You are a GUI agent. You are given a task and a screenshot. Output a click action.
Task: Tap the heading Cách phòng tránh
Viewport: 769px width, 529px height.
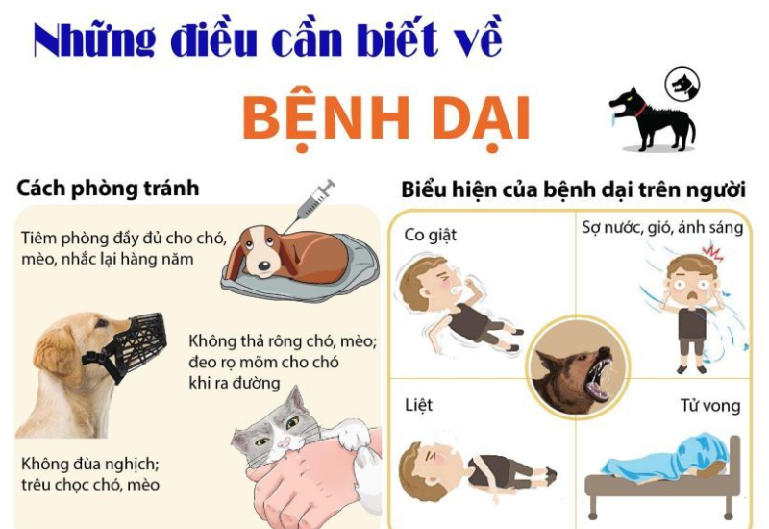coord(108,189)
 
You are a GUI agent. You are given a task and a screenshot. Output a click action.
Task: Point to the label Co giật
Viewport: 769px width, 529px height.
coord(430,236)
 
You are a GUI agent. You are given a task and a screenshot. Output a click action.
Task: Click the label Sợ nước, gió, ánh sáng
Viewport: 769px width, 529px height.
coord(662,228)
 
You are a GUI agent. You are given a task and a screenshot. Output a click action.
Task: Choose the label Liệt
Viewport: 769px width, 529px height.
coord(418,405)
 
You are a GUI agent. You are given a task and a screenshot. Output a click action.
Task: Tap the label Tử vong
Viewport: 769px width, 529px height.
coord(710,406)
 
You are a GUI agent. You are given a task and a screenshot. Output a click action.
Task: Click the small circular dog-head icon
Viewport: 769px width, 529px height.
coord(682,86)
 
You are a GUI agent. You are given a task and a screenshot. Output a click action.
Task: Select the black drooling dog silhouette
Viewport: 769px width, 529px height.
coord(652,119)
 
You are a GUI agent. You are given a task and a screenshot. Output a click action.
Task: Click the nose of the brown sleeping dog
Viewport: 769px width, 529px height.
coord(263,265)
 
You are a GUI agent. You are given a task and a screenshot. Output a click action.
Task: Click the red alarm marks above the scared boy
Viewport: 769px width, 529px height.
coord(712,252)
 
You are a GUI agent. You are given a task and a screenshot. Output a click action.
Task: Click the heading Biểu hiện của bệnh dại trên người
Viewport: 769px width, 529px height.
coord(573,190)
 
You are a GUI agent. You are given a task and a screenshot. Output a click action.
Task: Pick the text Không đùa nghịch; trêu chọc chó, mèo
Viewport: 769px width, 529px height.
coord(90,474)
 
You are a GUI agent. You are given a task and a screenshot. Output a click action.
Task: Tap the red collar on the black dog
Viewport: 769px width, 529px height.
coord(639,111)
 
